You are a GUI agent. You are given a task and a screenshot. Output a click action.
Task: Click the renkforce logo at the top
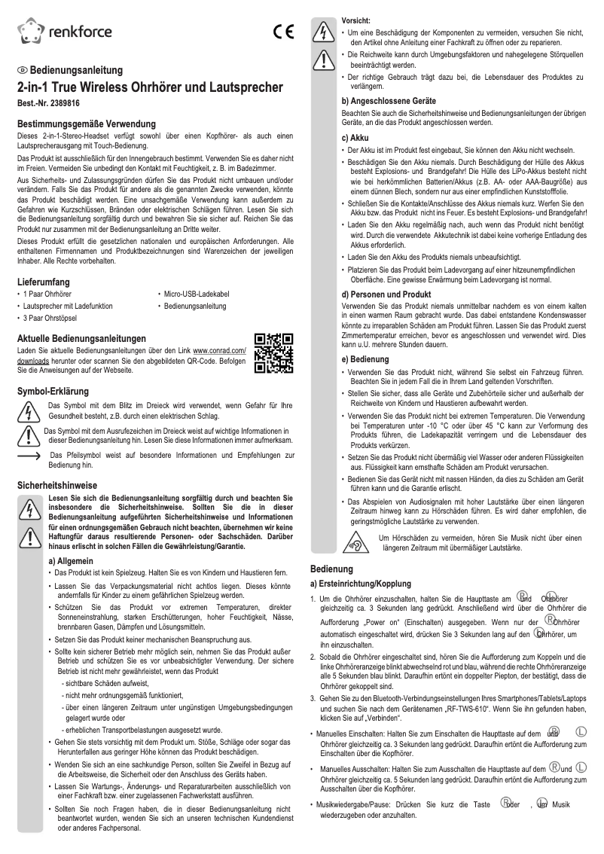65,31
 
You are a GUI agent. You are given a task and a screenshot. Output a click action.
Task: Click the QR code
274,353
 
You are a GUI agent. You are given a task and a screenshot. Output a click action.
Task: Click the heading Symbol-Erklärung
53,392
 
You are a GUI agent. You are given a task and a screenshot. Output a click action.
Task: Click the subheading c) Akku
355,138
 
